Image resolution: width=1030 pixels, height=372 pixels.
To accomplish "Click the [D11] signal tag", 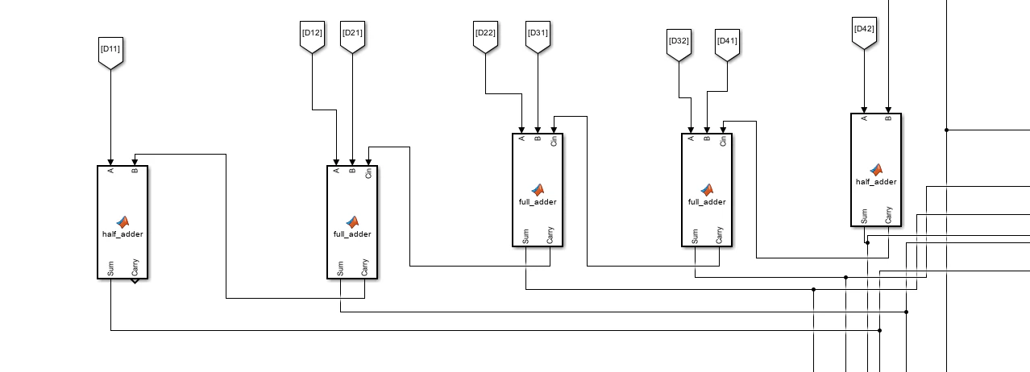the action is tap(110, 53).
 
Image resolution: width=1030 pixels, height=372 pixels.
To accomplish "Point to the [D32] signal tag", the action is tap(679, 45).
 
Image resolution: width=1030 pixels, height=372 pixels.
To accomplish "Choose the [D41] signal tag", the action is tap(728, 45).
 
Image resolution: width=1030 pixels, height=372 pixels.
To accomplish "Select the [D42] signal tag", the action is tap(865, 33).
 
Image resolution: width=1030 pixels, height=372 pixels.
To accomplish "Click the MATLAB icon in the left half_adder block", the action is tap(123, 222).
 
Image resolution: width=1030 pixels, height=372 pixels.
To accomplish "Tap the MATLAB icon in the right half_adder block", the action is tap(876, 170).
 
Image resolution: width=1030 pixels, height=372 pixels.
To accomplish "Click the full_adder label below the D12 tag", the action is tap(352, 234).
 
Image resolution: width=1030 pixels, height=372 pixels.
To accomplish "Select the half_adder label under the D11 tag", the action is tap(123, 234).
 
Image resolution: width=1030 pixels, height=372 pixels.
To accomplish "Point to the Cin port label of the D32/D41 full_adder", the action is tap(723, 141).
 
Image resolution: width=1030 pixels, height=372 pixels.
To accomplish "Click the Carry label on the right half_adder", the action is tap(888, 215).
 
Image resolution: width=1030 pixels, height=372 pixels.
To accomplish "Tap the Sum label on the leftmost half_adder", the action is tap(110, 269).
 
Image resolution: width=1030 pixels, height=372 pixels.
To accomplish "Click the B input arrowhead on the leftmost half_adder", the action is tap(135, 162).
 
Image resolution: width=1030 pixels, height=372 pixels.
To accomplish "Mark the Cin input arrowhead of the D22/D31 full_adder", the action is tap(554, 130).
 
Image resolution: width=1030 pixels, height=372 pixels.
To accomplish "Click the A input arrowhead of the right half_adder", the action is tap(864, 110).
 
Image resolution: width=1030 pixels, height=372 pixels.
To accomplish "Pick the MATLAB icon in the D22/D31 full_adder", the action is tap(538, 190).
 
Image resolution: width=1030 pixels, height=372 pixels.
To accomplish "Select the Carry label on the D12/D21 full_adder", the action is tap(364, 267).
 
